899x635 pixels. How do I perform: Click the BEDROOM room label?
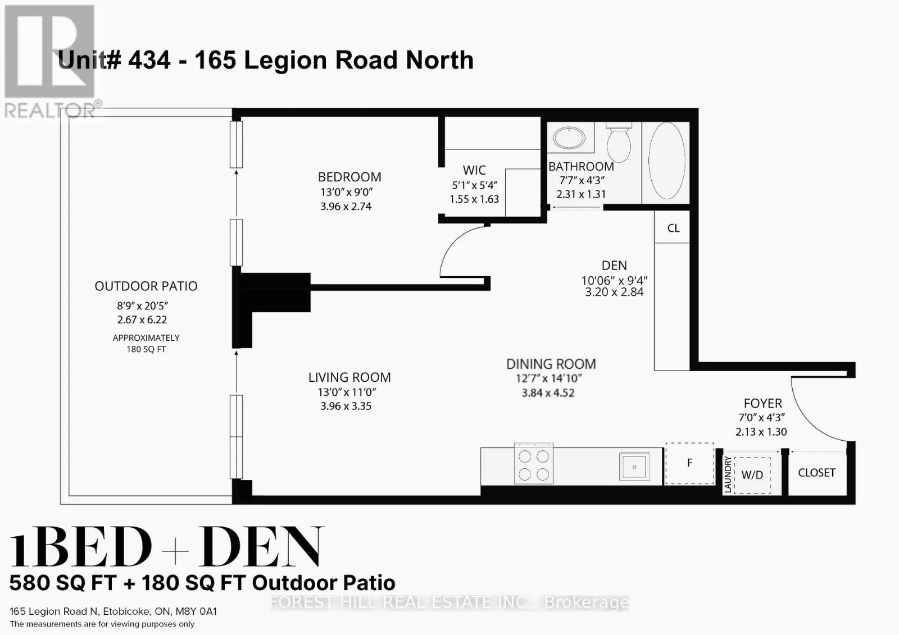point(349,177)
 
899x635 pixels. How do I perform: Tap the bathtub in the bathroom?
point(666,161)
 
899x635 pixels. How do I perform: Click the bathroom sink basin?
point(569,137)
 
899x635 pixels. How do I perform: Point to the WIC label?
point(474,170)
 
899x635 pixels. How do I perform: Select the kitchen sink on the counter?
point(634,467)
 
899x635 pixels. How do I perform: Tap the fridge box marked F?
point(689,463)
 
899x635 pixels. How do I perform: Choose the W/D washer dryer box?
point(752,475)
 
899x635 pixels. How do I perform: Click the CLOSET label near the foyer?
point(816,473)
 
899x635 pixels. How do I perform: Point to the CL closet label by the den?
point(673,228)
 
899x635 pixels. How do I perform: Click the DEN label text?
point(614,266)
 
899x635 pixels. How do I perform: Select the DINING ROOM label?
point(551,364)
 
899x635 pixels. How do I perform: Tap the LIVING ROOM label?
point(349,377)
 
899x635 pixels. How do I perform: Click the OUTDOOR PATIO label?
point(146,286)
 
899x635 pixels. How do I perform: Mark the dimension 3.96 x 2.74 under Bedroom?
point(346,207)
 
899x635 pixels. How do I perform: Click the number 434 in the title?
point(149,60)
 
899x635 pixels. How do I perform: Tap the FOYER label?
point(762,403)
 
